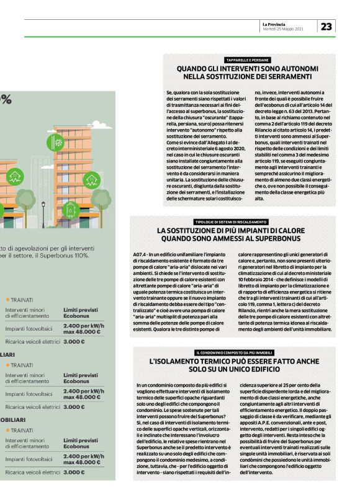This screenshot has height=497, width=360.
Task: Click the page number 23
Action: pyautogui.click(x=326, y=25)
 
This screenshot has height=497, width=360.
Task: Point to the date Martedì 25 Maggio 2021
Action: pyautogui.click(x=282, y=29)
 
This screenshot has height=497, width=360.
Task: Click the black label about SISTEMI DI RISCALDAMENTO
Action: pyautogui.click(x=231, y=222)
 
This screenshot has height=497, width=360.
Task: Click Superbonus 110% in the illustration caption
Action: pyautogui.click(x=68, y=255)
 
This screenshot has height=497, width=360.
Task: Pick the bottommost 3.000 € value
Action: pyautogui.click(x=74, y=472)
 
